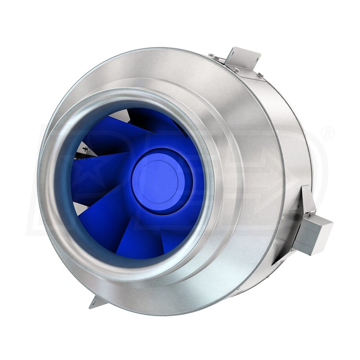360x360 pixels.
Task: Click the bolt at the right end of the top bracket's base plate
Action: click(x=260, y=75)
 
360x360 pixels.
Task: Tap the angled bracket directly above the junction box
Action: click(x=307, y=200)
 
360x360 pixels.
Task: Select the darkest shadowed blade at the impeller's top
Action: click(x=151, y=119)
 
